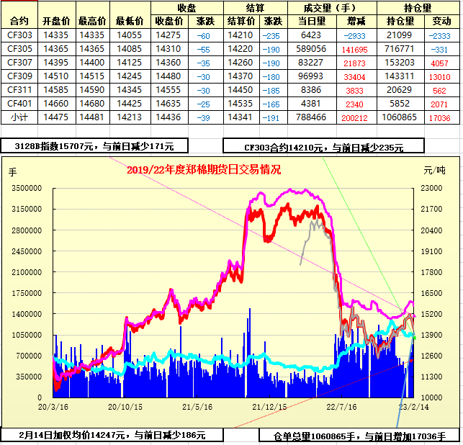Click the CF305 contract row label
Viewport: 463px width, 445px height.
pos(19,49)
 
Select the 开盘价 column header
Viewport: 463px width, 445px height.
pos(57,22)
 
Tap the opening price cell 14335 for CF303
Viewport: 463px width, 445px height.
pos(57,35)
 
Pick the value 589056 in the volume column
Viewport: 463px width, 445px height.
pos(311,49)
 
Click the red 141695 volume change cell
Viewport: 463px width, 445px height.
pos(355,49)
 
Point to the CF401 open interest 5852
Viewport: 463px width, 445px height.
pos(399,104)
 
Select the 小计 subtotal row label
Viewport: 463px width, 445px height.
pos(19,117)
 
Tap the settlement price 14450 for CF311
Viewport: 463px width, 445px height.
pos(240,90)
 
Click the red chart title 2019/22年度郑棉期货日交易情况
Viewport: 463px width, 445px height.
pos(203,170)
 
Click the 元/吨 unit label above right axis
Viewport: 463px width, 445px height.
pos(435,170)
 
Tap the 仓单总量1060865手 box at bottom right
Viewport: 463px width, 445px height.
pos(360,436)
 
